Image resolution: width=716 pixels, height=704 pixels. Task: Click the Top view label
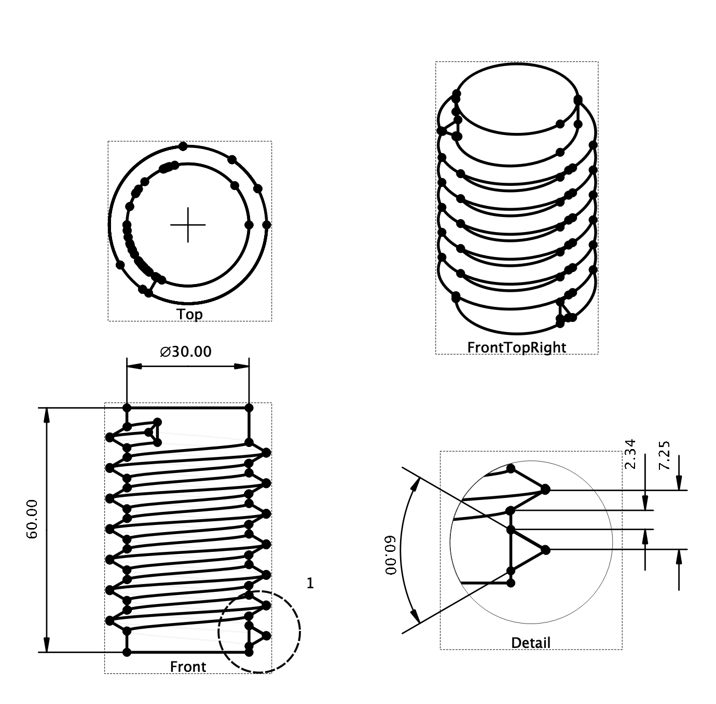(189, 314)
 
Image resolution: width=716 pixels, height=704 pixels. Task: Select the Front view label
(188, 667)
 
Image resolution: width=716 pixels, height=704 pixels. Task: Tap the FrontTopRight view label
(516, 347)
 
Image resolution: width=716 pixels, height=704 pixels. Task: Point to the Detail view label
(530, 643)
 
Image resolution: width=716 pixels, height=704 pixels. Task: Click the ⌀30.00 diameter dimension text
(186, 352)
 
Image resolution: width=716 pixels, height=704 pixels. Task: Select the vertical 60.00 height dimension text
(32, 519)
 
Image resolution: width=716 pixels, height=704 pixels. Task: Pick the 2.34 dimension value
(630, 454)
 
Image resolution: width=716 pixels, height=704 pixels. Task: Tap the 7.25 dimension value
(664, 455)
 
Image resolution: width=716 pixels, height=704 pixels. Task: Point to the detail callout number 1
(310, 584)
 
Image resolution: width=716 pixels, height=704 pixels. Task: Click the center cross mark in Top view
(188, 225)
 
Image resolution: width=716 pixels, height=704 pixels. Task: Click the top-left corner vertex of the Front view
(127, 408)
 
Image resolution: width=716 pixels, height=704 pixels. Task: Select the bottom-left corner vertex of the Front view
(127, 652)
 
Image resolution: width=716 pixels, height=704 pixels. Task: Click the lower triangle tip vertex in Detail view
(545, 549)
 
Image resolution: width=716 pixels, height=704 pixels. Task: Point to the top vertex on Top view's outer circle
(183, 146)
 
